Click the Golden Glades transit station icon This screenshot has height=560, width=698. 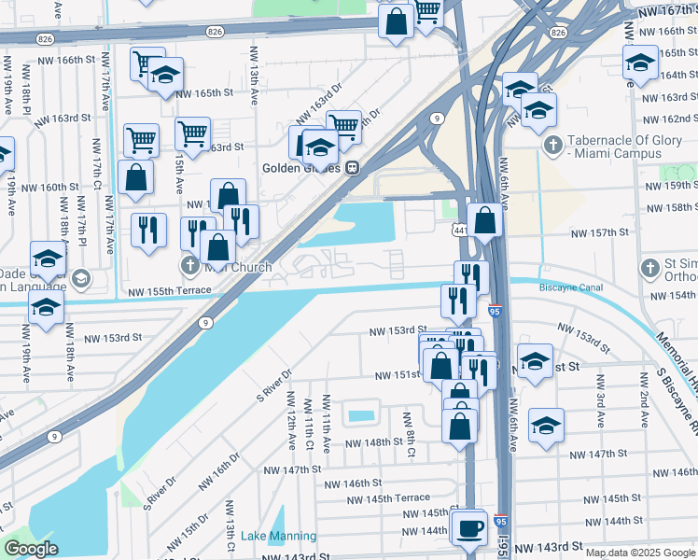(x=353, y=168)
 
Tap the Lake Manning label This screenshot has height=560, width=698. (x=278, y=537)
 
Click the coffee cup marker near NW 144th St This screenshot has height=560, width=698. (x=469, y=529)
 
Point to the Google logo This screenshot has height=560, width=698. (x=31, y=549)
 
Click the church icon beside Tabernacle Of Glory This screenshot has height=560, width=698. (x=553, y=145)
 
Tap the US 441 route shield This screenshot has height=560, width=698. (x=461, y=229)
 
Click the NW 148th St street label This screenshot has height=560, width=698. (x=377, y=443)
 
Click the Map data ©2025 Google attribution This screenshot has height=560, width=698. (x=640, y=553)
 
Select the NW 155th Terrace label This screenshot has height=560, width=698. (x=164, y=292)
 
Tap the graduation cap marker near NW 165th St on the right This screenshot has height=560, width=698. (x=640, y=63)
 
